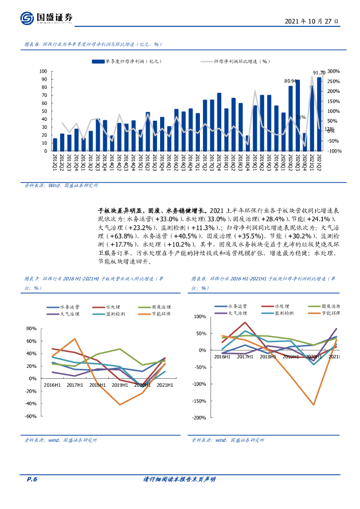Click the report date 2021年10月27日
click(x=312, y=22)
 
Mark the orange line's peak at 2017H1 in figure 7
click(x=75, y=339)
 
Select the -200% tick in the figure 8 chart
click(x=199, y=418)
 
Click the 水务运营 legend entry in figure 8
click(x=233, y=306)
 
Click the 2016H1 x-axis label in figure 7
click(x=52, y=385)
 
